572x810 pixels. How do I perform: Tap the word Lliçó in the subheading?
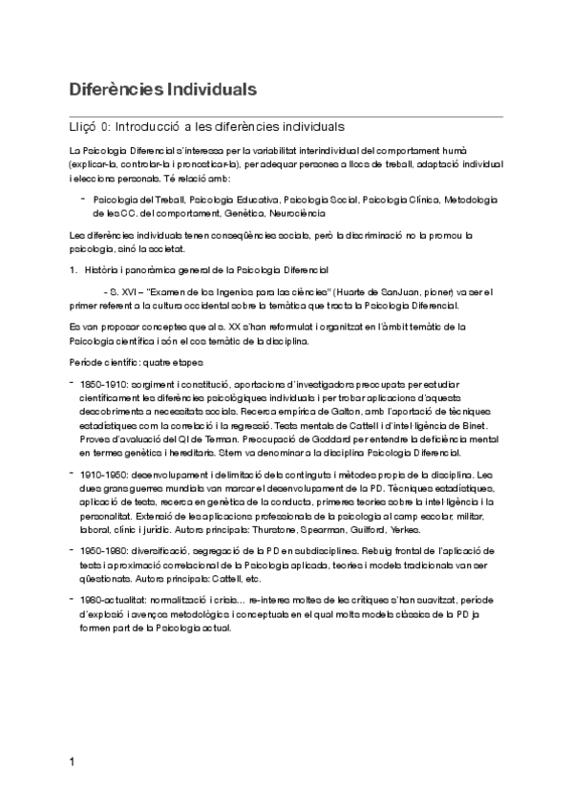(x=84, y=126)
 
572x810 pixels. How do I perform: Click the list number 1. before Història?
(x=73, y=270)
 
